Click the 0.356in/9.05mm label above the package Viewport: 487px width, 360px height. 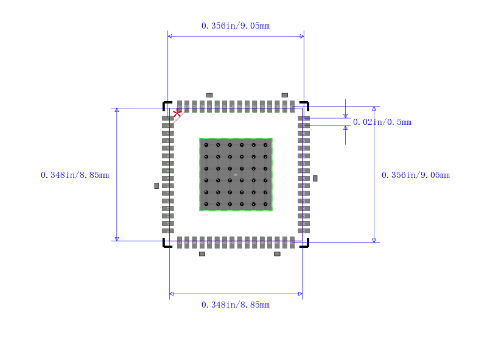click(x=235, y=26)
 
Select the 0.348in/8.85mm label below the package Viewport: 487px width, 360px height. click(x=235, y=305)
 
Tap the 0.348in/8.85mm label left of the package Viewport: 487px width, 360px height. click(x=75, y=175)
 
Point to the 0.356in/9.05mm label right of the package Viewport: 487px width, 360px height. click(x=415, y=175)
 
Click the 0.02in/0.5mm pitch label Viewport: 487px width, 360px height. click(x=382, y=122)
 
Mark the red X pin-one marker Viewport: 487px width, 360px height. click(x=177, y=113)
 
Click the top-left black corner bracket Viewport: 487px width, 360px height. click(x=166, y=104)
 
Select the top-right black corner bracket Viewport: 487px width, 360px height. click(x=306, y=104)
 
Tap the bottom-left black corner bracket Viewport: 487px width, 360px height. click(x=166, y=244)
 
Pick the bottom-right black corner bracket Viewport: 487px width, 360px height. click(x=306, y=244)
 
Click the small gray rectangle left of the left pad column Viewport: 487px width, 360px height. click(x=156, y=185)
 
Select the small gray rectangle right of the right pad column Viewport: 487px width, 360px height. click(x=315, y=178)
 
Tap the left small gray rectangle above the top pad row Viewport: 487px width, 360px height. click(x=209, y=95)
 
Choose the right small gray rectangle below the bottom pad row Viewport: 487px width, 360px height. click(x=277, y=253)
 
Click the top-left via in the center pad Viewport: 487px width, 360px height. click(x=206, y=145)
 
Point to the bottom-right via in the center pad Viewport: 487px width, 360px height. click(x=265, y=204)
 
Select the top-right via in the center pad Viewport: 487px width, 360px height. click(x=265, y=145)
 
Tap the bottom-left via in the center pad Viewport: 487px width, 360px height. click(x=206, y=204)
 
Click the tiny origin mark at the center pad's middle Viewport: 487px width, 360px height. click(x=236, y=175)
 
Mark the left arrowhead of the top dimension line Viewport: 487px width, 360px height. click(x=170, y=37)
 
